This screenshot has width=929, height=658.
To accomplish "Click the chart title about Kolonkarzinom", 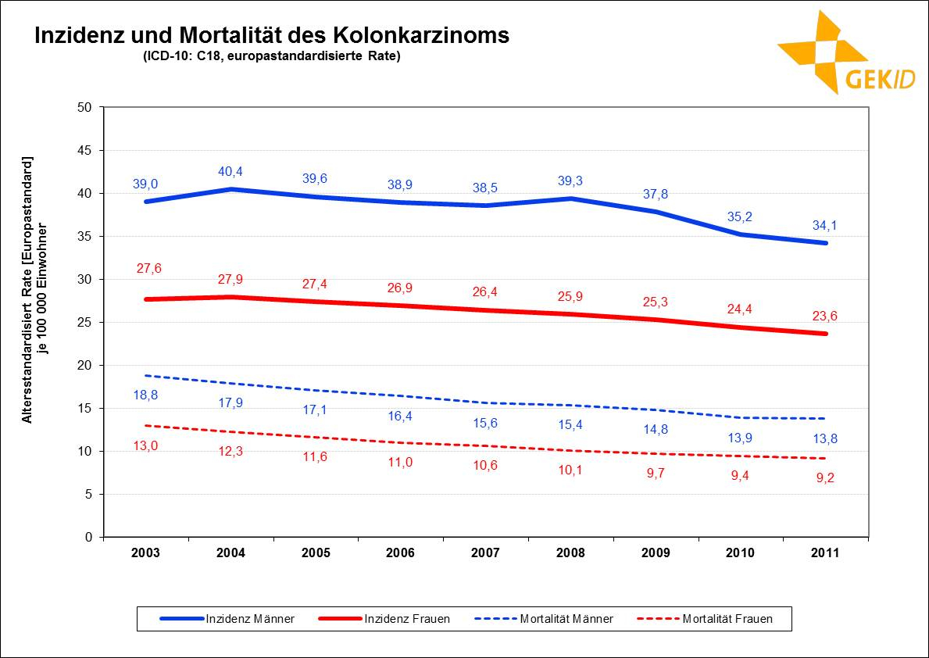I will (270, 36).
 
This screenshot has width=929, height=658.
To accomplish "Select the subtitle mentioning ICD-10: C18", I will (271, 56).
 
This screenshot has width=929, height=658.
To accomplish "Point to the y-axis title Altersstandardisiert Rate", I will (36, 289).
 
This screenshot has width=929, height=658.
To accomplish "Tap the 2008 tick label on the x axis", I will (570, 553).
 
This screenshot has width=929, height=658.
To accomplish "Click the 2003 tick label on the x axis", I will (146, 553).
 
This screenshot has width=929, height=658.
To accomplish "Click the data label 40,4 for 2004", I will (230, 171).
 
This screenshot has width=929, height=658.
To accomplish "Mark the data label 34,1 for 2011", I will (824, 226).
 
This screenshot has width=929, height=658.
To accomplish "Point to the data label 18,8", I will (145, 395).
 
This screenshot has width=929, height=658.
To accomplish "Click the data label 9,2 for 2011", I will (824, 478).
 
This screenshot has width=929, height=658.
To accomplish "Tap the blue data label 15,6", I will (485, 423).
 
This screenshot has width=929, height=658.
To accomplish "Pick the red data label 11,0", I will (400, 462).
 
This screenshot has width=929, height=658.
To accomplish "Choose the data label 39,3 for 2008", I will (570, 181).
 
